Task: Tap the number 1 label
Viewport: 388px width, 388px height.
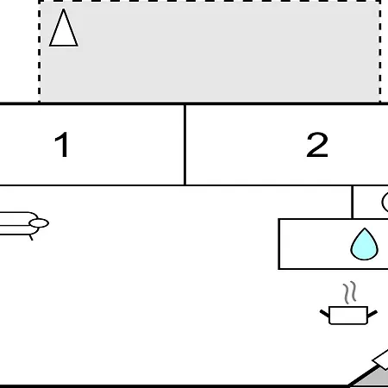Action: (62, 145)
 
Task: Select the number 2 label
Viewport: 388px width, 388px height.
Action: (317, 145)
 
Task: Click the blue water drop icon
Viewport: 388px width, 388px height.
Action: (365, 244)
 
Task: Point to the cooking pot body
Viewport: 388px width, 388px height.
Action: (348, 316)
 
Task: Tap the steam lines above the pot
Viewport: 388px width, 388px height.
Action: (350, 292)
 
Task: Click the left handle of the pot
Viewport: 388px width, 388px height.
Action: (325, 313)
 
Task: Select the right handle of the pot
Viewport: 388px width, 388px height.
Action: (372, 314)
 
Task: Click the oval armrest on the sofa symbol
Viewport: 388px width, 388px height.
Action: (39, 223)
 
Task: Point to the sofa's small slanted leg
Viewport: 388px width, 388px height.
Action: (31, 237)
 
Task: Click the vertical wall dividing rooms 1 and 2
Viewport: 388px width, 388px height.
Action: (185, 145)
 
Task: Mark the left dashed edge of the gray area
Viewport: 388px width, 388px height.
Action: (40, 52)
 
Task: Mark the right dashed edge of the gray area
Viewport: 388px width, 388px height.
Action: (380, 52)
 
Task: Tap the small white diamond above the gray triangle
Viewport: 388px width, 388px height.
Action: (382, 360)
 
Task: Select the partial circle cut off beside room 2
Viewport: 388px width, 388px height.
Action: (384, 203)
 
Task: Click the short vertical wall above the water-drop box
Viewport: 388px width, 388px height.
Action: (353, 203)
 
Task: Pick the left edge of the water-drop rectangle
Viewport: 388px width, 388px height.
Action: (279, 244)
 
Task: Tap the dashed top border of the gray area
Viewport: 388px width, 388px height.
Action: (210, 1)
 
